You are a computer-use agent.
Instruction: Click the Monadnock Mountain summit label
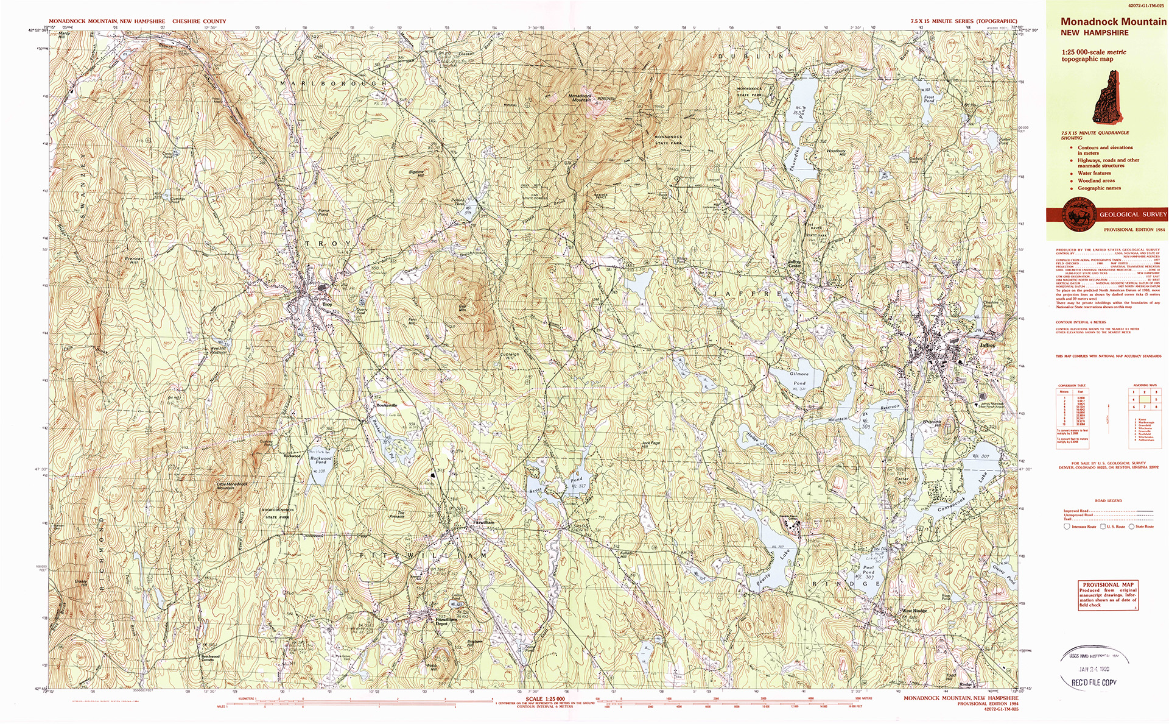point(580,98)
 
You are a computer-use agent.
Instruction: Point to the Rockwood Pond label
point(321,460)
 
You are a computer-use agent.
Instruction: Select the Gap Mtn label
point(463,308)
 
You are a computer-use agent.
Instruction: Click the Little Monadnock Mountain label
point(232,486)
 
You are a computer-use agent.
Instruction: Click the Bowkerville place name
point(387,405)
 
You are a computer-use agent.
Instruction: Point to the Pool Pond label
point(868,570)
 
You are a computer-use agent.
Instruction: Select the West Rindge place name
point(914,611)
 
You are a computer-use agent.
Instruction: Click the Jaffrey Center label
point(795,263)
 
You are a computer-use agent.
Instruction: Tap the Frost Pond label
point(929,98)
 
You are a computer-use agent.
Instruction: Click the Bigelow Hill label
point(416,173)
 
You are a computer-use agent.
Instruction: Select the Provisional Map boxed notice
point(1108,594)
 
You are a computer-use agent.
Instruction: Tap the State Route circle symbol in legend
point(1132,527)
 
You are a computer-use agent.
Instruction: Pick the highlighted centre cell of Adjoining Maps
point(1145,399)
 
